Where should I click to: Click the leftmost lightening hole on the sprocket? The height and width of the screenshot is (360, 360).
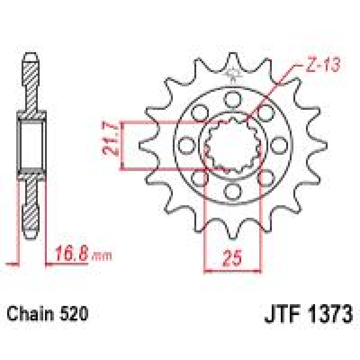[x=186, y=145]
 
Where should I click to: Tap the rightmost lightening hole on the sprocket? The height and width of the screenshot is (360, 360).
[x=280, y=145]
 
